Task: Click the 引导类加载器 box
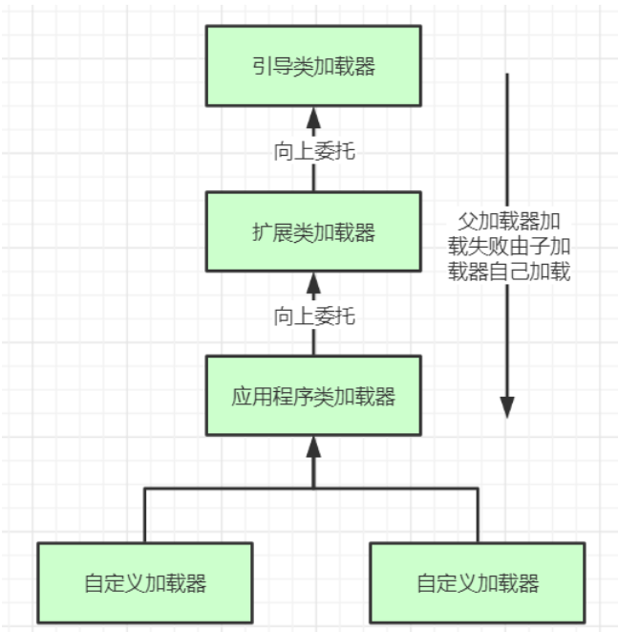(x=313, y=66)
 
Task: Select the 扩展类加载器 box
(x=313, y=231)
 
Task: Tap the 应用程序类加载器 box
(x=313, y=396)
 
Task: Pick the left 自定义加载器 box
(x=145, y=583)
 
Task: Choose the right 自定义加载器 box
(x=478, y=583)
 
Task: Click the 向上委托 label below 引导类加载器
(x=314, y=152)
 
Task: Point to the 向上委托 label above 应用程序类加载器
(x=314, y=316)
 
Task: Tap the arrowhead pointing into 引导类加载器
(x=313, y=118)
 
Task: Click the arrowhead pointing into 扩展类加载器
(x=313, y=283)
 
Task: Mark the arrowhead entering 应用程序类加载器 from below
(x=313, y=447)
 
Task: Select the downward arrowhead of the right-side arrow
(x=507, y=407)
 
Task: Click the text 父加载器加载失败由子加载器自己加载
(x=509, y=246)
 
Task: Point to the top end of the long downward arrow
(x=507, y=74)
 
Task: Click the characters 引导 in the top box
(x=272, y=66)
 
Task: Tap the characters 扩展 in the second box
(x=272, y=232)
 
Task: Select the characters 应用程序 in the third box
(x=272, y=396)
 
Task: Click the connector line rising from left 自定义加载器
(x=145, y=515)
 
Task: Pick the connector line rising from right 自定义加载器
(x=478, y=515)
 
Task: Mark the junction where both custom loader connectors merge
(x=313, y=489)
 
